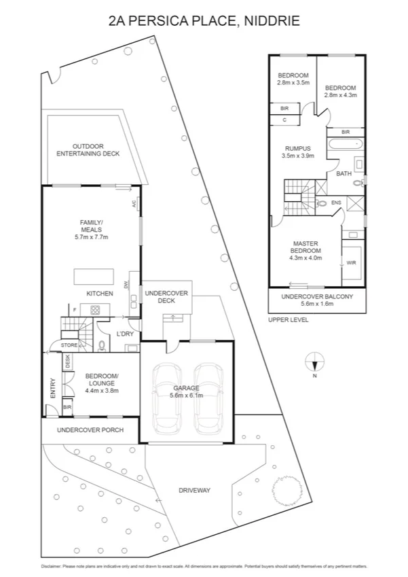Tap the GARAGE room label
pos(185,388)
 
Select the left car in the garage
pos(167,400)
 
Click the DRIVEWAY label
pos(194,490)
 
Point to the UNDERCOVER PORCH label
pos(90,430)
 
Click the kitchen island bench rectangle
pos(93,276)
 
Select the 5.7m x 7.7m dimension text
pos(92,237)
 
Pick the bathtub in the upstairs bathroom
pos(344,144)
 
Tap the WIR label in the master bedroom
pos(351,262)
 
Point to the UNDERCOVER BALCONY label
pos(317,296)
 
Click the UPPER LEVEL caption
pos(287,319)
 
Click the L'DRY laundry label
pos(124,333)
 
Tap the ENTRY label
pos(53,388)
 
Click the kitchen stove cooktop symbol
pos(95,310)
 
